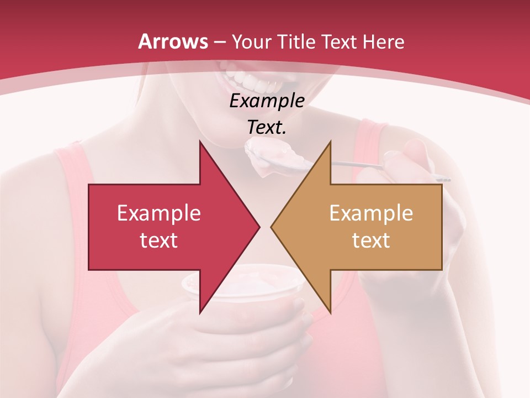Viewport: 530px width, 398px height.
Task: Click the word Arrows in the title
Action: [173, 41]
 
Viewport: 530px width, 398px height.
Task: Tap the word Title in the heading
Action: [299, 42]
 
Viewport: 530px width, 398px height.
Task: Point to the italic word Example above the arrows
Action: [267, 101]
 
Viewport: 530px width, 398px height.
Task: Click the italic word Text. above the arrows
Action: [267, 128]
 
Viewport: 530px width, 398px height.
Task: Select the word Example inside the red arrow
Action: [159, 213]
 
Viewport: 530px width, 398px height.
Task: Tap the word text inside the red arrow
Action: [159, 240]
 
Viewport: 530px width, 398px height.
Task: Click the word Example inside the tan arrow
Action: [371, 213]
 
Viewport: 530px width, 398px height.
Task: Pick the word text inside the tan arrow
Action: [371, 240]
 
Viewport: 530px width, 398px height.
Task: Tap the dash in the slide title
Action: [220, 42]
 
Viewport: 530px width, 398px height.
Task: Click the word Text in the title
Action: [340, 42]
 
